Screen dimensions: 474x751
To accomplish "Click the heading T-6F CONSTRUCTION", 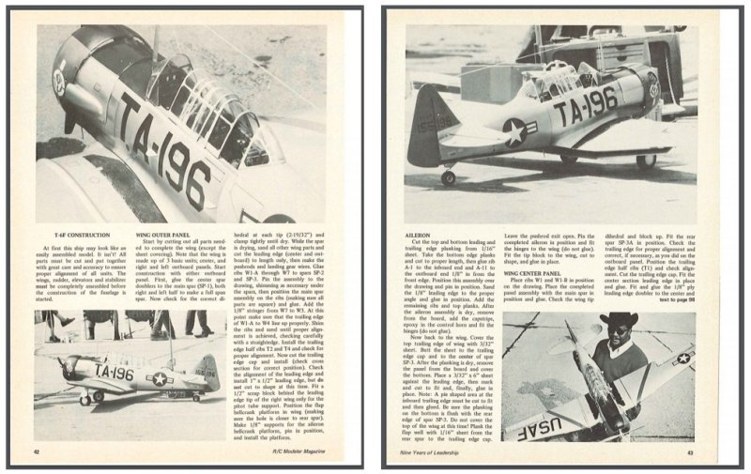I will (75, 235).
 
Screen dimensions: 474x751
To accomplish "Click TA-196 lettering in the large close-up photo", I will (173, 150).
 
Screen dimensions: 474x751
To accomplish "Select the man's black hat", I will (620, 322).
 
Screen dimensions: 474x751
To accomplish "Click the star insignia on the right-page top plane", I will (514, 130).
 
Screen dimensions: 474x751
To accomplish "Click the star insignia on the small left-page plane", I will (161, 377).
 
